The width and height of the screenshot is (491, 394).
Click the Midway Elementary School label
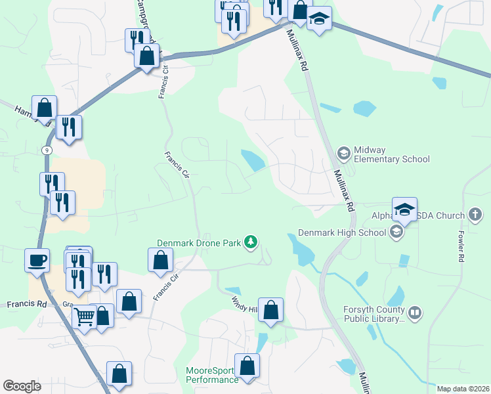tap(391, 154)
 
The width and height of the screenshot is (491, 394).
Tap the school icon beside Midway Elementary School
tap(343, 154)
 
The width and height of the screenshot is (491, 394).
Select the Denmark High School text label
tap(341, 232)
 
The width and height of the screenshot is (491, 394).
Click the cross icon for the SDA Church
tap(475, 215)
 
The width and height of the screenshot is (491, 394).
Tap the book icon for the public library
tap(414, 313)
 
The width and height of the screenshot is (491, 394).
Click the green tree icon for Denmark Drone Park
tap(250, 243)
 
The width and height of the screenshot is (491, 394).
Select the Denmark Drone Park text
tap(199, 243)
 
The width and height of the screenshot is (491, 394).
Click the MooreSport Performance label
tap(212, 376)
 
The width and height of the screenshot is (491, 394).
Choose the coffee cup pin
tap(37, 260)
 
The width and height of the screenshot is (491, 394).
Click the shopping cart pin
tap(84, 318)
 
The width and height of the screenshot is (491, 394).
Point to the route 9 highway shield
tap(46, 150)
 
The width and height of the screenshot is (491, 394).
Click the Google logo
tap(22, 386)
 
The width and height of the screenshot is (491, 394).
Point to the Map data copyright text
tap(462, 389)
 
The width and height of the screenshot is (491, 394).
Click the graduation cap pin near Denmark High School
tap(404, 210)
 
